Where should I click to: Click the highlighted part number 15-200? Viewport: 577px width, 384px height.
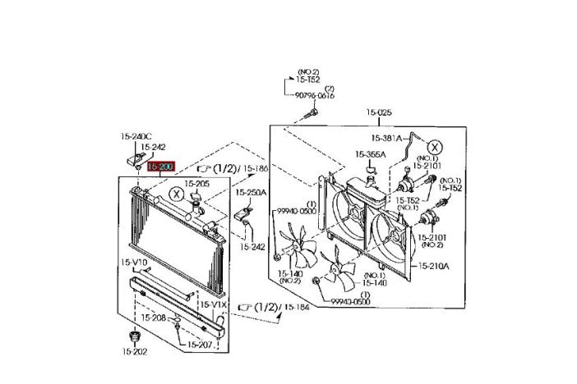159,167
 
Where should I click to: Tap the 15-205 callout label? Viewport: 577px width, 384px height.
196,184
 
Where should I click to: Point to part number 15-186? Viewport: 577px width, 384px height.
256,168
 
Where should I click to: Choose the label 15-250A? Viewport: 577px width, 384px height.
251,193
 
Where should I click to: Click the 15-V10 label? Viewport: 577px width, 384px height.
134,263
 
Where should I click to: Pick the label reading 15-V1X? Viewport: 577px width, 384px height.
213,304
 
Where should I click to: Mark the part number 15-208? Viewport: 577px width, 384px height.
153,318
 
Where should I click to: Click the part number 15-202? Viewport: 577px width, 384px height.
134,351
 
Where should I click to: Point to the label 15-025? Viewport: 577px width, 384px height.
379,112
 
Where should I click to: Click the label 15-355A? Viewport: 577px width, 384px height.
371,154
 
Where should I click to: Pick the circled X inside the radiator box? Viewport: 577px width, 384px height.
175,194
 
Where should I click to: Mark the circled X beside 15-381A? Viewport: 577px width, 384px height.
435,148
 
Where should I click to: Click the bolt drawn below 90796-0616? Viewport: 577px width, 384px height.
310,112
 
